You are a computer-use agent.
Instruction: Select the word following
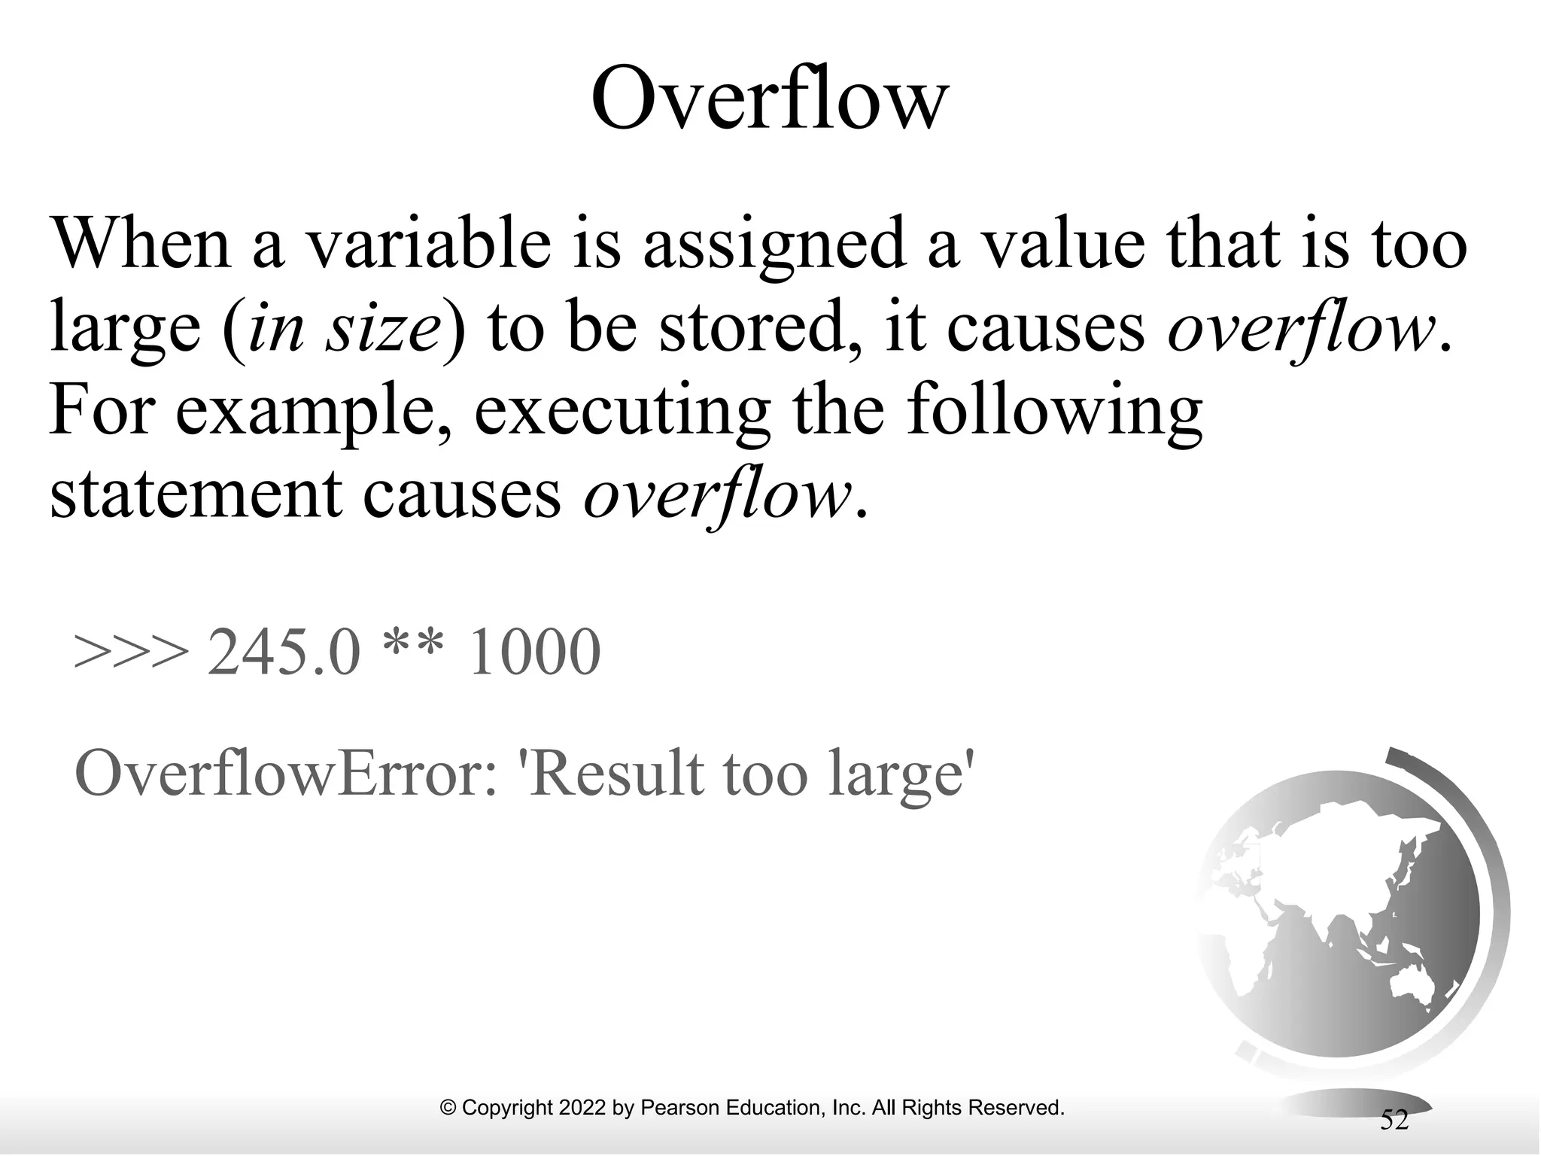[1054, 413]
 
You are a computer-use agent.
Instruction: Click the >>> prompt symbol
[131, 652]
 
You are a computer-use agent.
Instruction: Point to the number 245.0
[284, 652]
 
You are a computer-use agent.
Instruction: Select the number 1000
[533, 652]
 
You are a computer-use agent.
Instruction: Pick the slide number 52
[1394, 1120]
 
